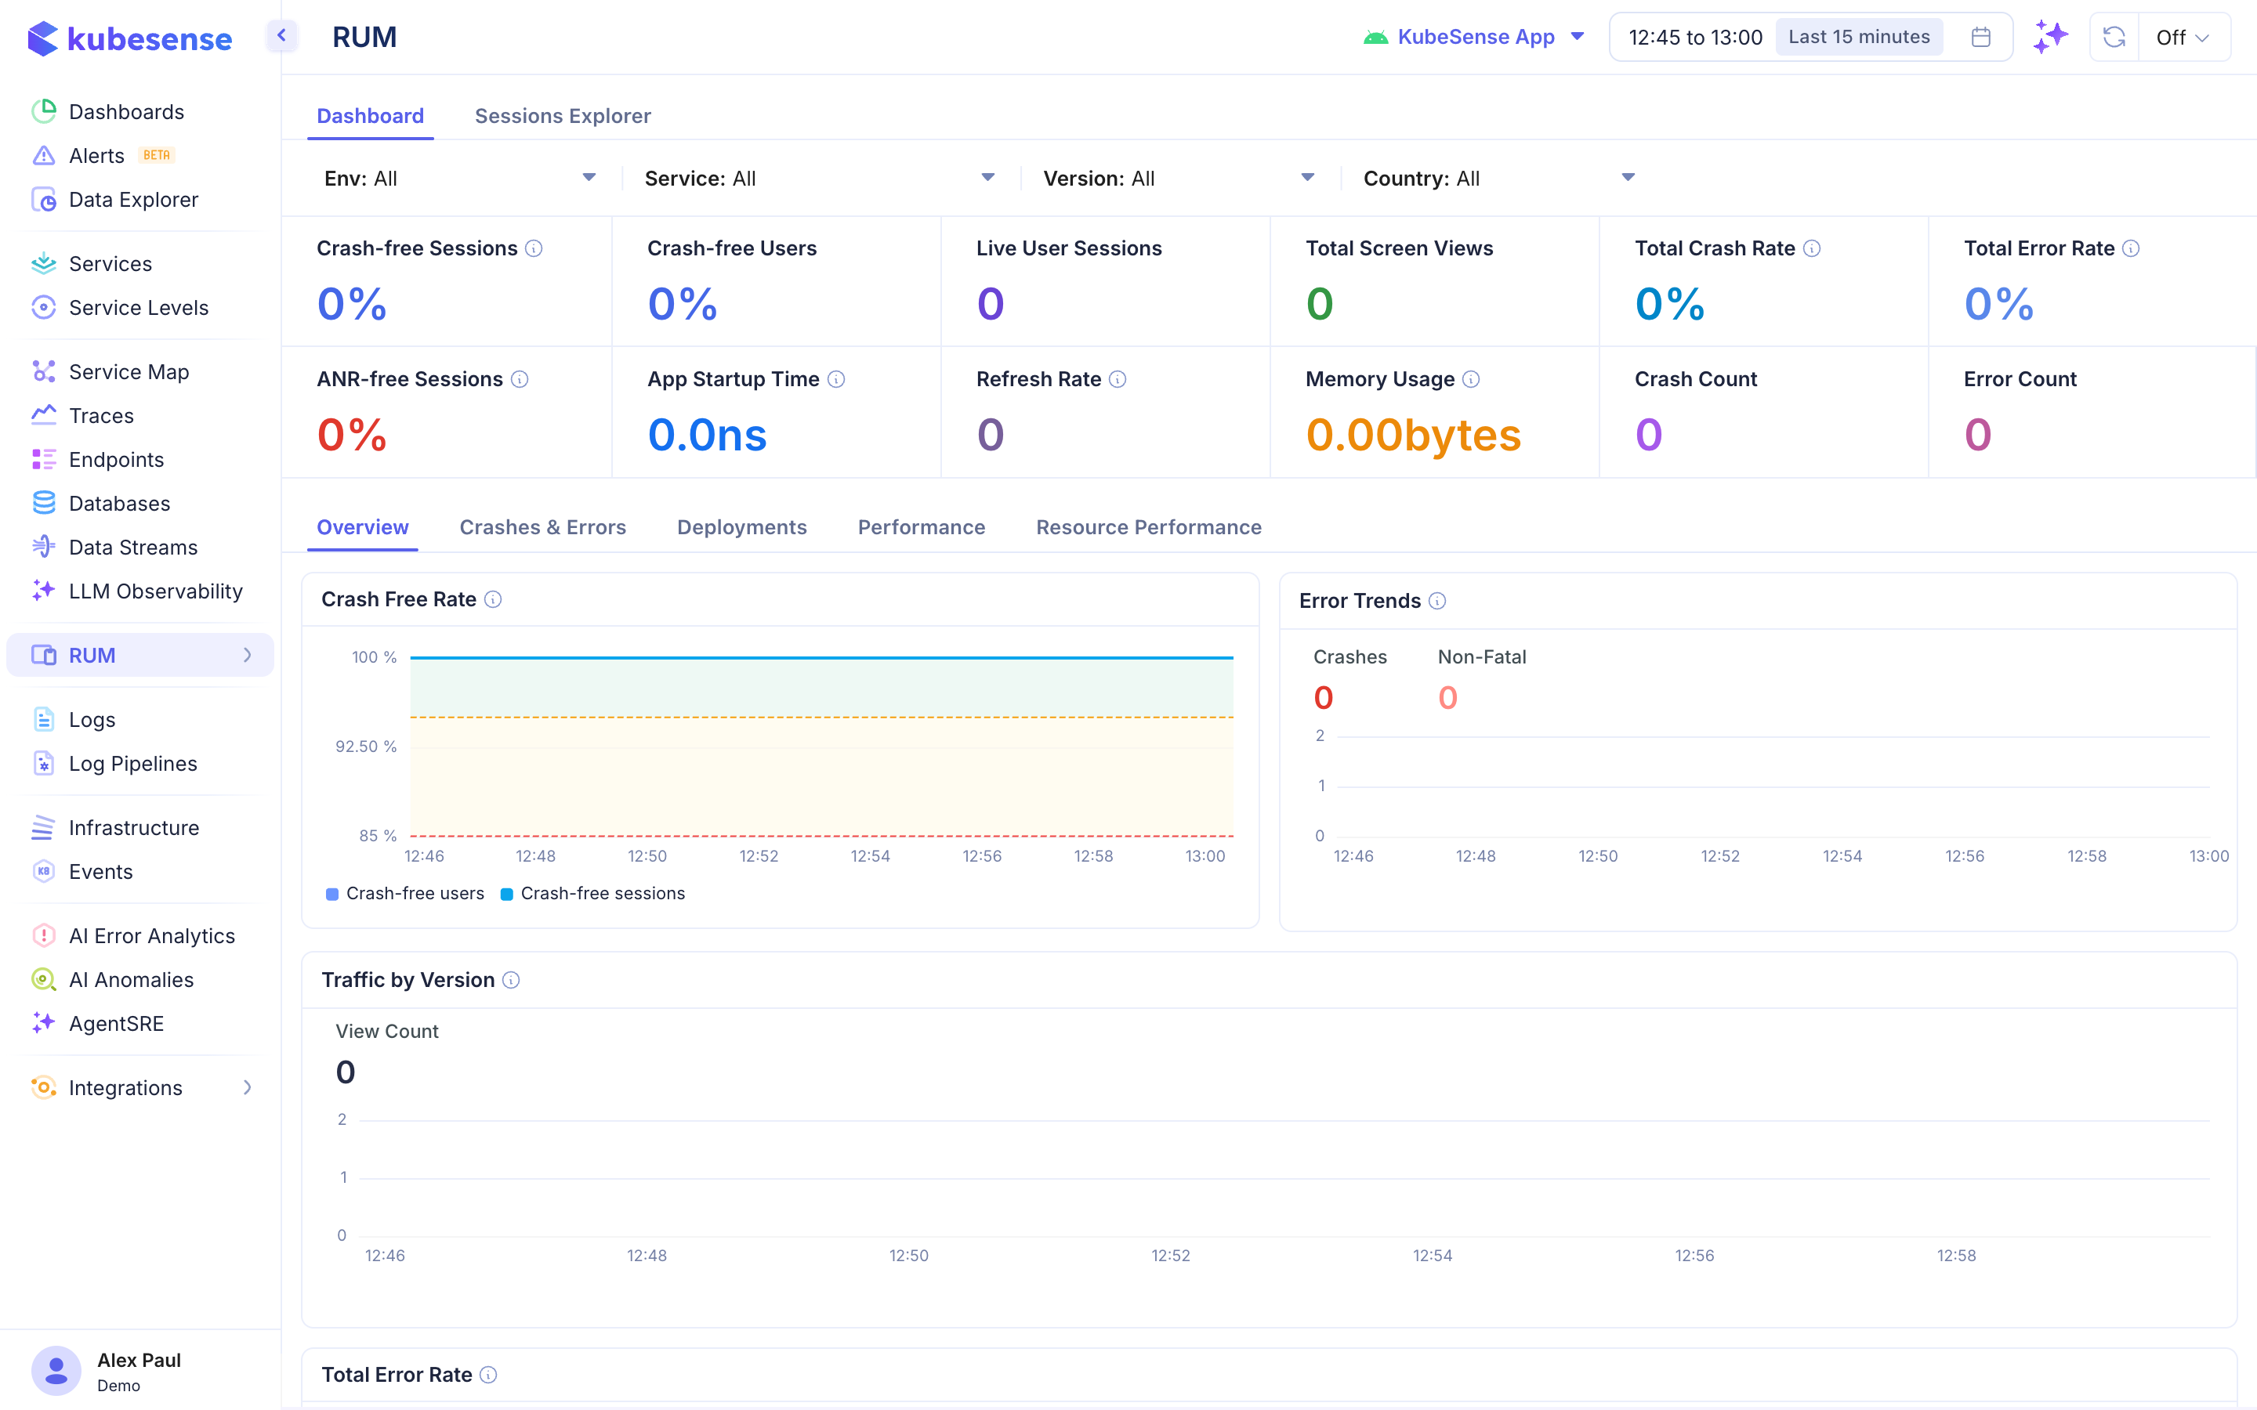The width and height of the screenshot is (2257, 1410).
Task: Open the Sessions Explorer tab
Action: coord(563,116)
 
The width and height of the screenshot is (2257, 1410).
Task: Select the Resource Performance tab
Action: coord(1148,527)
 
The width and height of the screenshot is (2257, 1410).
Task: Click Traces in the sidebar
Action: coord(101,416)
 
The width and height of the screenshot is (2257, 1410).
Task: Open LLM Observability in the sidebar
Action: coord(155,591)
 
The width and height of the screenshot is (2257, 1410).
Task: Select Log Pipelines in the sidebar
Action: coord(132,764)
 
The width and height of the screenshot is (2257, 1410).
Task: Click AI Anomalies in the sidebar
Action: coord(131,980)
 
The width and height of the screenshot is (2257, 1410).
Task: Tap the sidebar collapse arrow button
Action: coord(281,36)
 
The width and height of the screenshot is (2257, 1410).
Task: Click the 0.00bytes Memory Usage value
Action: coord(1412,436)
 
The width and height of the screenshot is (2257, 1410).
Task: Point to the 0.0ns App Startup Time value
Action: coord(707,436)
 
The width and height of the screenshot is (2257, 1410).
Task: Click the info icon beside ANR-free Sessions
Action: coord(520,380)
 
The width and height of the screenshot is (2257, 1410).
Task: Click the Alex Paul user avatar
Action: coord(56,1371)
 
